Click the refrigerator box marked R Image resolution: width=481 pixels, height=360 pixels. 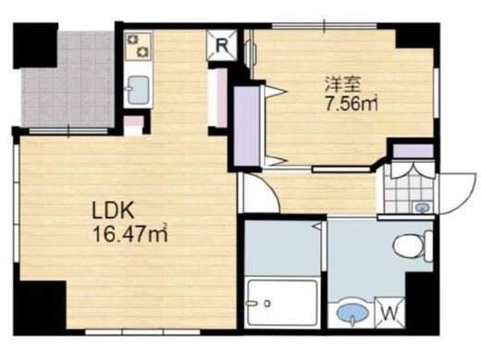pyautogui.click(x=222, y=45)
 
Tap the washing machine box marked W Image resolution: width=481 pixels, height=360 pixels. pyautogui.click(x=389, y=313)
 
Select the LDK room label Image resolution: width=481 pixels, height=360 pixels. pyautogui.click(x=113, y=211)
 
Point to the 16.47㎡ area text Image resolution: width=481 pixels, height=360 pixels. pyautogui.click(x=130, y=234)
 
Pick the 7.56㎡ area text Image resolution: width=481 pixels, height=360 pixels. pyautogui.click(x=351, y=104)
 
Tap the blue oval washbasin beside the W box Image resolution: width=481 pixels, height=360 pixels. pyautogui.click(x=353, y=313)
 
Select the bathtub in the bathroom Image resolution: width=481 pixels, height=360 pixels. pyautogui.click(x=282, y=303)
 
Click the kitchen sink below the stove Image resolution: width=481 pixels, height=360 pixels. pyautogui.click(x=139, y=90)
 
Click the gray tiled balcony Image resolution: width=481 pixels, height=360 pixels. pyautogui.click(x=68, y=79)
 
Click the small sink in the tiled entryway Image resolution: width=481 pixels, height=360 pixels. pyautogui.click(x=421, y=207)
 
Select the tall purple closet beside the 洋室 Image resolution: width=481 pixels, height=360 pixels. pyautogui.click(x=246, y=126)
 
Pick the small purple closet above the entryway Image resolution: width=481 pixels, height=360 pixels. pyautogui.click(x=413, y=151)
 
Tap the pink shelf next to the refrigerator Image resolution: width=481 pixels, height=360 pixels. pyautogui.click(x=220, y=97)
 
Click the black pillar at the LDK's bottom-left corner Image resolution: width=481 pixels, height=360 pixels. pyautogui.click(x=40, y=308)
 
